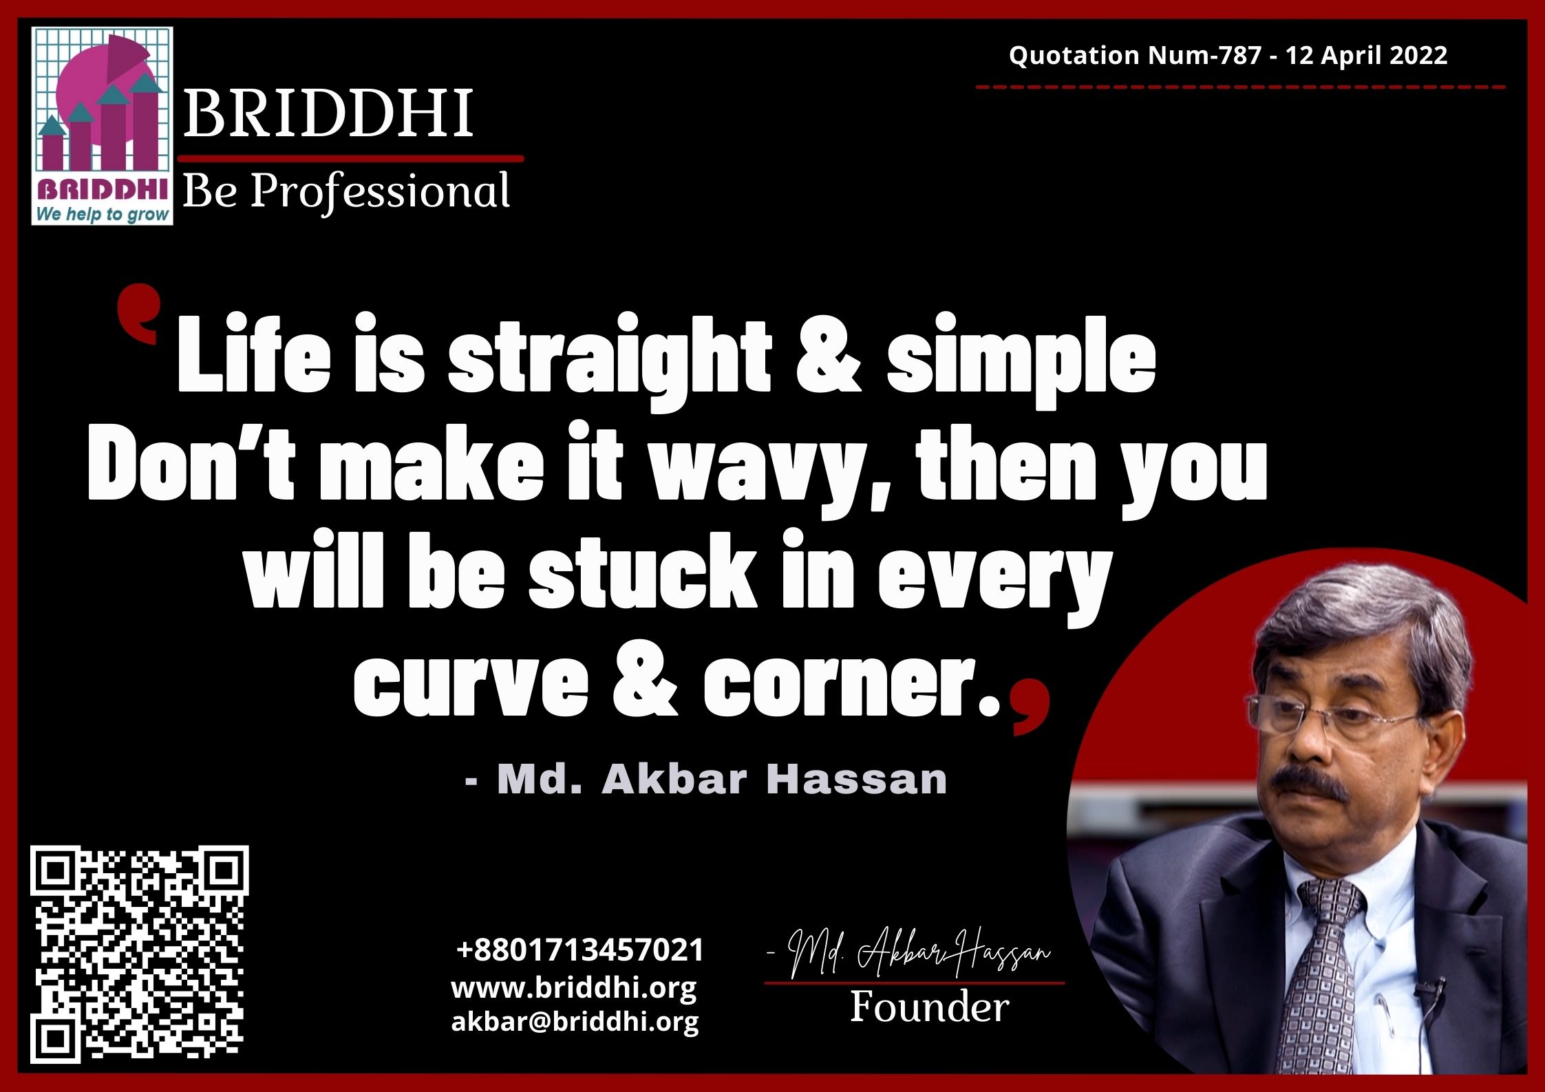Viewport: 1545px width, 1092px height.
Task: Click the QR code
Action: coord(140,954)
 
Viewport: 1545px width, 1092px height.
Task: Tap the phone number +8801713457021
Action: coord(580,950)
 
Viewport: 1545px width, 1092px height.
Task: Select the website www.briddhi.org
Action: coord(574,989)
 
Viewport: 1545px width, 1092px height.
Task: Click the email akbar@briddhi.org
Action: coord(575,1022)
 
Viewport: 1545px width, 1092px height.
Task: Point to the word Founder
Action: coord(930,1007)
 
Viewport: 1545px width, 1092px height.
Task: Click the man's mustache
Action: coord(1305,785)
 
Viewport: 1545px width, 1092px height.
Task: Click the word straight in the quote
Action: coord(610,361)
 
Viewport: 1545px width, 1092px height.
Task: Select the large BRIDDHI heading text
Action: coord(328,113)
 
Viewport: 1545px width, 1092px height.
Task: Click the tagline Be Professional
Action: coord(346,191)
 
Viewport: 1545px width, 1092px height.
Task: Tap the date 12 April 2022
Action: coord(1366,55)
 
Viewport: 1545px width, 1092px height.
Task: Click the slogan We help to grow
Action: coord(103,214)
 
